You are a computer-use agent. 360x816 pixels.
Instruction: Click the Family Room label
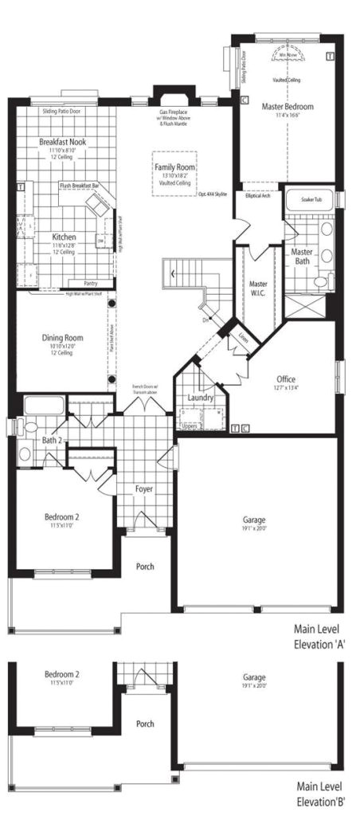click(176, 167)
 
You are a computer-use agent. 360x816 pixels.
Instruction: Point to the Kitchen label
click(64, 237)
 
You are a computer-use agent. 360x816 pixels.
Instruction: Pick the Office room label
click(287, 379)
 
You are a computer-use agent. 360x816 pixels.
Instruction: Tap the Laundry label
click(199, 398)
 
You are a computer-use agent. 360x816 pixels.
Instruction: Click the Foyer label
click(144, 488)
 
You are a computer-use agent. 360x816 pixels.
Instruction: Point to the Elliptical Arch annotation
click(258, 195)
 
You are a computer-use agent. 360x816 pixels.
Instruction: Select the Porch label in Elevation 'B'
click(145, 724)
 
